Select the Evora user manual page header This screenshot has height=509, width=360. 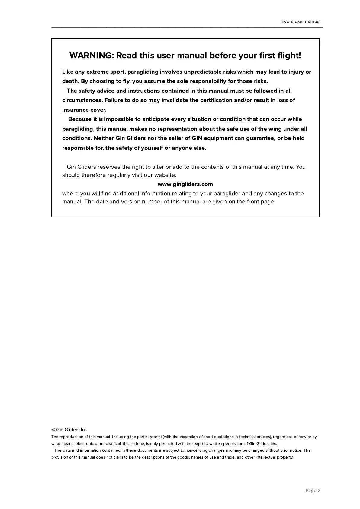(x=301, y=21)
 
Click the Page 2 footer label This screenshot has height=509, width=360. (x=313, y=491)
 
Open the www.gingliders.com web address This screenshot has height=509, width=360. (x=185, y=184)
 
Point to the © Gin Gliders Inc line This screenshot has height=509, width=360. (x=69, y=430)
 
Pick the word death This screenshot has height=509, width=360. (x=70, y=81)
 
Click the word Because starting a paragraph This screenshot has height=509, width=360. (x=80, y=119)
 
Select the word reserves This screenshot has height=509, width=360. (x=109, y=167)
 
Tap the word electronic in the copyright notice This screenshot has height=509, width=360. (x=85, y=444)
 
